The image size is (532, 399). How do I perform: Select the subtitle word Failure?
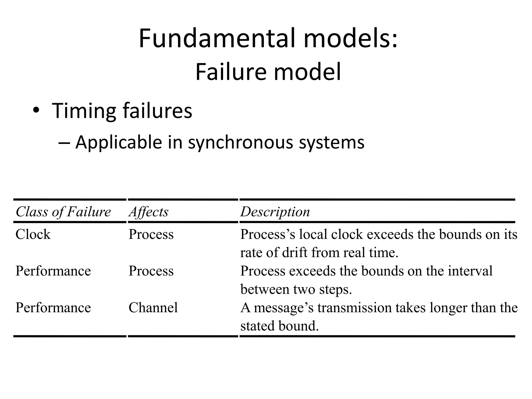[x=231, y=72]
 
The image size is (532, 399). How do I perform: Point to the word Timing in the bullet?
[x=84, y=111]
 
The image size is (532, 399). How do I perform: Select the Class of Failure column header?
[x=63, y=212]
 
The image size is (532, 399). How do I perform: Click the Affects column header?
[x=149, y=212]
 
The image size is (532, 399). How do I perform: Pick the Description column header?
[x=275, y=212]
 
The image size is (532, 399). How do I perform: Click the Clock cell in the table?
[x=33, y=234]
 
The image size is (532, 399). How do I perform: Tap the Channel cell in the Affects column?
[x=153, y=308]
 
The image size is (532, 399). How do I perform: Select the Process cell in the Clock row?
[x=151, y=234]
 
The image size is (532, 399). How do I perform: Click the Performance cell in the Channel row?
[x=53, y=308]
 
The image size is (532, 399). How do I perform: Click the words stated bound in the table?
[x=279, y=326]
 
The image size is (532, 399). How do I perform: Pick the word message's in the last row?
[x=284, y=308]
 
